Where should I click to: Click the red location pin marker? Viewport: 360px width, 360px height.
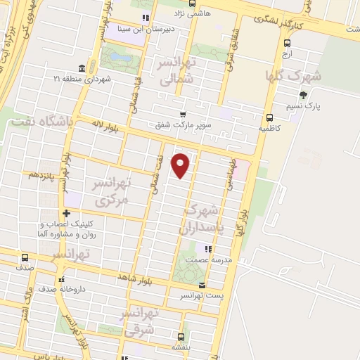point(181,165)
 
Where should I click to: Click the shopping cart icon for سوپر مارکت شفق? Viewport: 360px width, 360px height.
point(183,115)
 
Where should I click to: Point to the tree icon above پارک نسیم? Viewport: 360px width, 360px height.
point(303,95)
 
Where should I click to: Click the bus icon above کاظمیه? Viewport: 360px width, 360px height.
point(269,117)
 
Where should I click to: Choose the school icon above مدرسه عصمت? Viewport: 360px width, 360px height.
point(207,248)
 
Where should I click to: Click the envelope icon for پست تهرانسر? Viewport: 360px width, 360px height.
point(202,285)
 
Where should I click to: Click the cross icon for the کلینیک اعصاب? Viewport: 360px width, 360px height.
point(66,213)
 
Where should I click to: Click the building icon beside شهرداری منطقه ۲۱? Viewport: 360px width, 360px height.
point(82,68)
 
